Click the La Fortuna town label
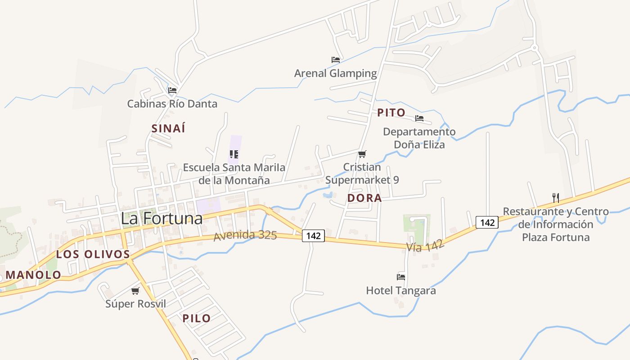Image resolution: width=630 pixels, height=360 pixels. pos(162,219)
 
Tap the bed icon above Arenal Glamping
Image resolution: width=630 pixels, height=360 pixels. pos(335,59)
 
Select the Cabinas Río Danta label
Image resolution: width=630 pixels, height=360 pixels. pos(172,104)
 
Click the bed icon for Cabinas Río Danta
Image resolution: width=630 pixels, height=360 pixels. pos(172,90)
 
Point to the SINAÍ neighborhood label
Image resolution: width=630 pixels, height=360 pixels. pos(168,128)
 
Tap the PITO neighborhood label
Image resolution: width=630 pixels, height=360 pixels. pos(391,112)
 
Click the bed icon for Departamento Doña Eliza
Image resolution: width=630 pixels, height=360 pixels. pos(419,118)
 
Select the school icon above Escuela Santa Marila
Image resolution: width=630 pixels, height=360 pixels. pos(234,154)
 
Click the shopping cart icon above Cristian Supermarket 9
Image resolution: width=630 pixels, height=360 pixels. pos(362,154)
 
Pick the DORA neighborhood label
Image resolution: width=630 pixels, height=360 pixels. pos(364,198)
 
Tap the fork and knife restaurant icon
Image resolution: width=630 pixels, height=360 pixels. pos(556,198)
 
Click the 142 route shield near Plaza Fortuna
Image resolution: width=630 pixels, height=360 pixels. pos(487,222)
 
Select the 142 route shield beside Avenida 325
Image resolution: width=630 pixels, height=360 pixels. pos(313,235)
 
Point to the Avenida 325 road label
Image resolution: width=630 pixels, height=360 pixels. pos(245,235)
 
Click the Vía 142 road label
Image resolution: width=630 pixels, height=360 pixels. pos(425,246)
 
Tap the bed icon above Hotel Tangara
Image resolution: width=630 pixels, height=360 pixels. pos(401,277)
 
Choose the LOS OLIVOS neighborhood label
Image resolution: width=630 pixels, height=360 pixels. pos(93,254)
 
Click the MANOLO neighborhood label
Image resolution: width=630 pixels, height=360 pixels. pos(33,275)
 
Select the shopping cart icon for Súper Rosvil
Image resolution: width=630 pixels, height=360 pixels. pos(135,291)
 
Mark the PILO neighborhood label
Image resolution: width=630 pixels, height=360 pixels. pos(197,319)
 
